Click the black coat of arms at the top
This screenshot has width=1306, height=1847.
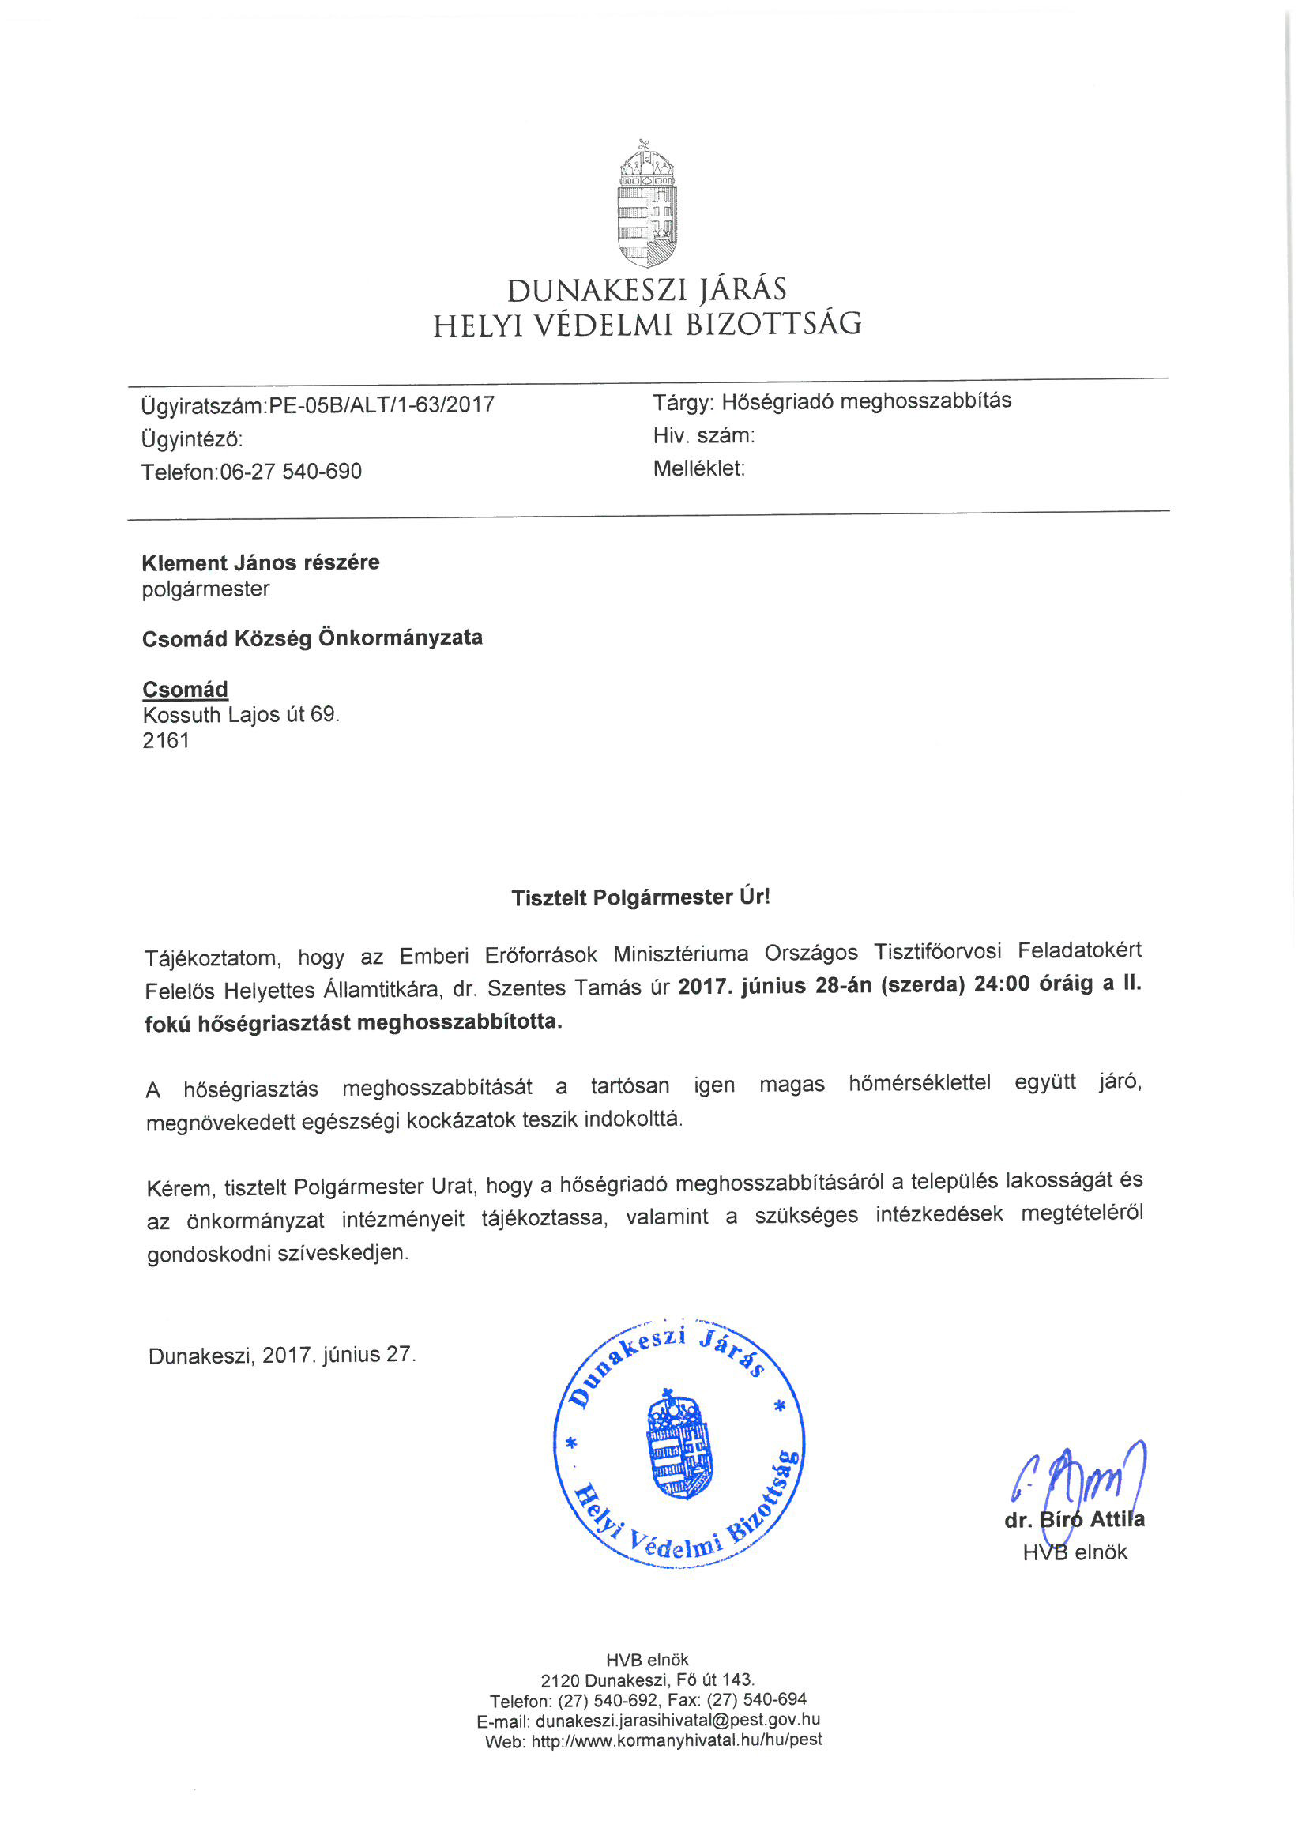click(647, 205)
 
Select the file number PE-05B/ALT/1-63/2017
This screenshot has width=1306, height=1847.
click(382, 404)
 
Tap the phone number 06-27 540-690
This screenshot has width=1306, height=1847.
click(291, 472)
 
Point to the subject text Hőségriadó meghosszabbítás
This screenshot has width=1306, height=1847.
click(866, 401)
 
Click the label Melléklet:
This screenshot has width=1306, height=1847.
click(698, 469)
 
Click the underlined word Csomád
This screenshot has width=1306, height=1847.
click(185, 690)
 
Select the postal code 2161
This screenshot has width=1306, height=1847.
click(166, 740)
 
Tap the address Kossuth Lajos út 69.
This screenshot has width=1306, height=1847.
click(241, 715)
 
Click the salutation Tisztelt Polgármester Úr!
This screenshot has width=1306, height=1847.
click(641, 897)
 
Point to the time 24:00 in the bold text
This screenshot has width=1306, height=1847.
click(1001, 985)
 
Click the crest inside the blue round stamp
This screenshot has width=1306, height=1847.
click(679, 1444)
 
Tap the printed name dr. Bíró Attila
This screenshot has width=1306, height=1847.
click(1074, 1520)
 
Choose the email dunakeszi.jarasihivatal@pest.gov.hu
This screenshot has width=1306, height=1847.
click(678, 1720)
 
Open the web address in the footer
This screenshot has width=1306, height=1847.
click(677, 1740)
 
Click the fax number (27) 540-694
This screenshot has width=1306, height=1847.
click(756, 1700)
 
